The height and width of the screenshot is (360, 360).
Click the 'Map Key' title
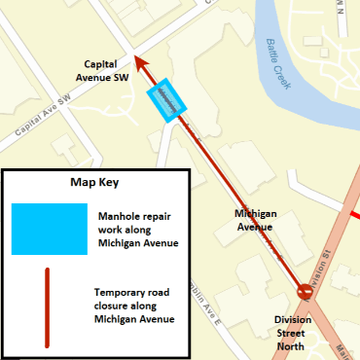(94, 182)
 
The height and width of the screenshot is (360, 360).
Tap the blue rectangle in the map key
(45, 228)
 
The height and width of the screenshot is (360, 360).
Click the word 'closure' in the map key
(111, 305)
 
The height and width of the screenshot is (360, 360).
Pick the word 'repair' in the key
(160, 215)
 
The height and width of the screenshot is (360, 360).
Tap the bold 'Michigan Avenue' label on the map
(257, 219)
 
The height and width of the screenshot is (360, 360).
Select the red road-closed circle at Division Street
(305, 291)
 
